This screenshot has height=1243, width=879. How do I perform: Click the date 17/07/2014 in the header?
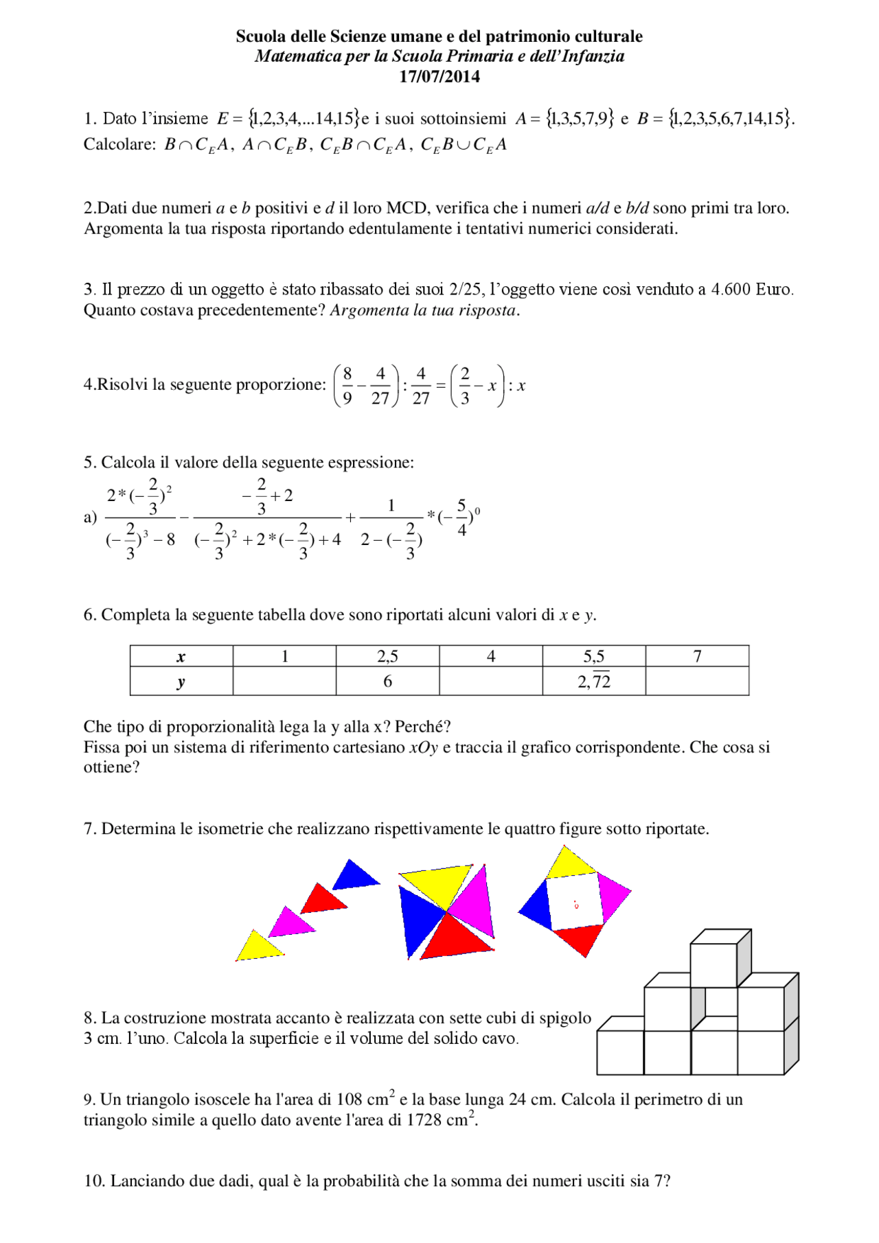(439, 77)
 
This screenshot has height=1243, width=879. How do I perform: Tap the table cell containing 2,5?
(387, 656)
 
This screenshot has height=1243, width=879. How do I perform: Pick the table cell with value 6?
(387, 681)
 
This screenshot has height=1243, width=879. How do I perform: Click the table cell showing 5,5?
(593, 656)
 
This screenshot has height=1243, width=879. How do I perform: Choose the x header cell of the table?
(181, 656)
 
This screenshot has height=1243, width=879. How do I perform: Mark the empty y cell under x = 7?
(697, 681)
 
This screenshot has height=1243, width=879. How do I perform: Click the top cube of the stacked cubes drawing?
(714, 964)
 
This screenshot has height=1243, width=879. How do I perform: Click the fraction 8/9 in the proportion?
(347, 386)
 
